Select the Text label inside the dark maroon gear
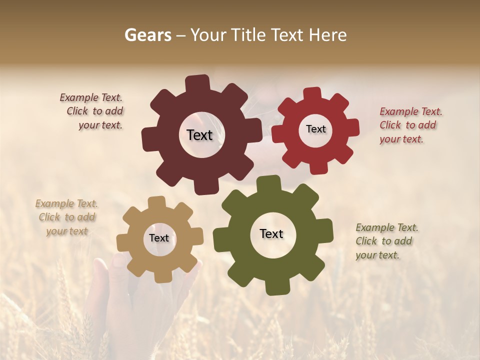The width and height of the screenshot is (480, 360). tap(199, 135)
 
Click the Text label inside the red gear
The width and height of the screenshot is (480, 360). tap(315, 129)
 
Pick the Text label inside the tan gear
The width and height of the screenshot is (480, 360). tap(159, 238)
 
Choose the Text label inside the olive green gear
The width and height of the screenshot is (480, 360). tap(271, 233)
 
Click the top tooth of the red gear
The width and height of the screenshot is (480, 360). tap(312, 94)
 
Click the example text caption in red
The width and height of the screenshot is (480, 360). tap(410, 125)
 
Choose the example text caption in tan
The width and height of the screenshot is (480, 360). tap(67, 217)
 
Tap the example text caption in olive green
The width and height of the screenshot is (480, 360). tap(386, 241)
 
